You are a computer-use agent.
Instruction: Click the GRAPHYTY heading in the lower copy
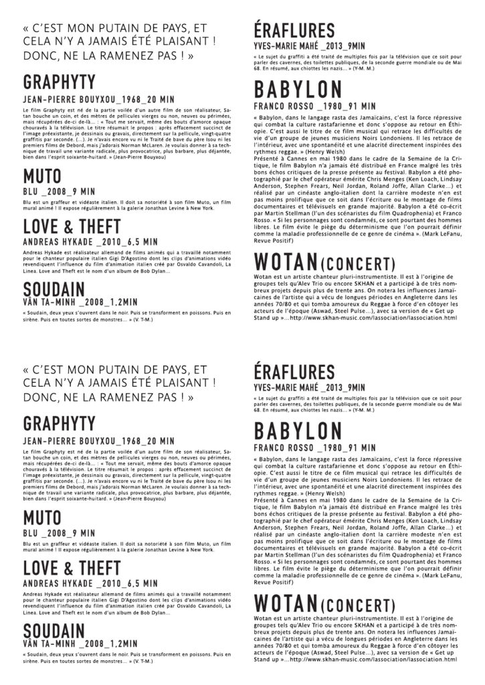tap(60, 423)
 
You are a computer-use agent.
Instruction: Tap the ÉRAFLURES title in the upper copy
tap(294, 31)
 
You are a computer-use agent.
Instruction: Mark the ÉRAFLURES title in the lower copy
tap(294, 372)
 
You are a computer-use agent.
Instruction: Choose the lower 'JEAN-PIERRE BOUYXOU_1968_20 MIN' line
tap(98, 441)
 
